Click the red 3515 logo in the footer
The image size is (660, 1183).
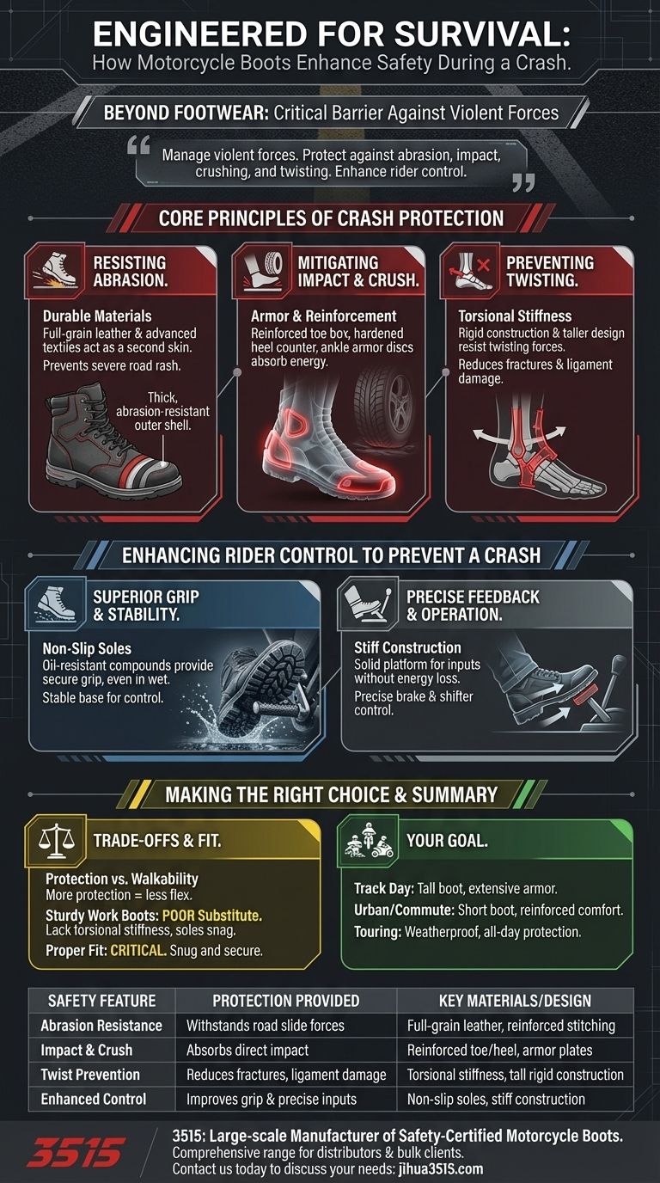click(76, 1151)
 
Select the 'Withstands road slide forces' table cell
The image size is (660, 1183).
click(265, 1026)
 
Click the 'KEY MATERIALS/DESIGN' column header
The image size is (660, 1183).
click(515, 1001)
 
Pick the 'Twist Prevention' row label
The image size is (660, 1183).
click(90, 1075)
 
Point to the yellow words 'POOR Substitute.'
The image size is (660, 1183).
click(212, 916)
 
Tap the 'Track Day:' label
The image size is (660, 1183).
click(384, 889)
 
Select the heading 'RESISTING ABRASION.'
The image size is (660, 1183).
click(130, 272)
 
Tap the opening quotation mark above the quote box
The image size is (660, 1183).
click(138, 144)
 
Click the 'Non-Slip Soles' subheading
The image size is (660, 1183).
click(87, 648)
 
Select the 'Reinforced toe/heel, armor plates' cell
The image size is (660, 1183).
click(499, 1051)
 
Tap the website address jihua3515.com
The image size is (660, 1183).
click(439, 1169)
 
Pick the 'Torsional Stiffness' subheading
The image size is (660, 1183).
click(515, 316)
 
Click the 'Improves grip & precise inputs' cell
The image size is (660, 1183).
click(272, 1099)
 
